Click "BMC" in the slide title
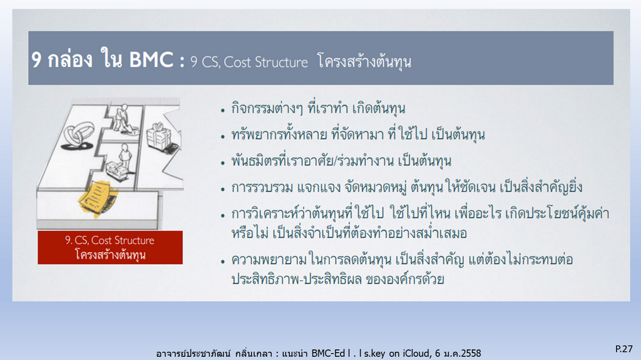151,59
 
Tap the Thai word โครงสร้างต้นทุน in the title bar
364,62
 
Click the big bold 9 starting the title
36,60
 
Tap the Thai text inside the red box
110,254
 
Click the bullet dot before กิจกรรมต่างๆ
223,110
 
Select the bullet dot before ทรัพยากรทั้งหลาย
223,136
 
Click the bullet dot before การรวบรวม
223,190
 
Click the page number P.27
624,349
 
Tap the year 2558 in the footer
471,353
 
